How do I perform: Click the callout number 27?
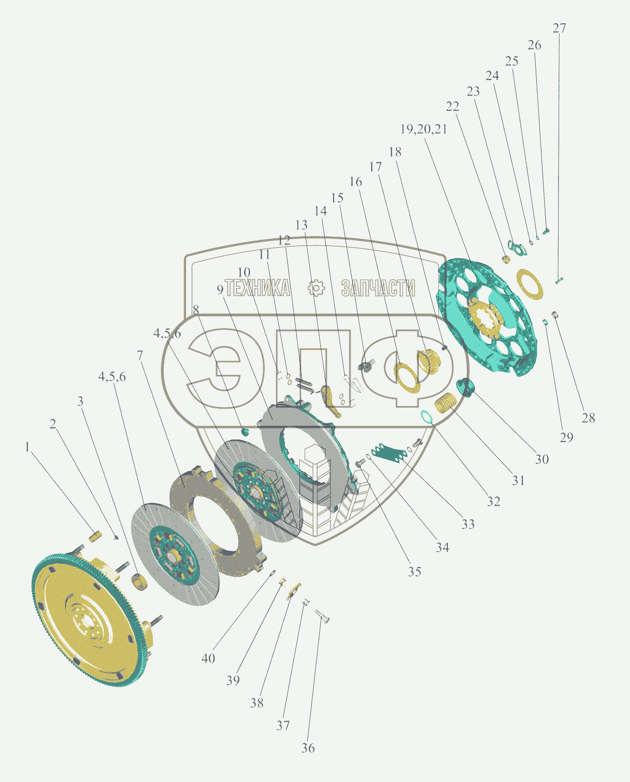[559, 29]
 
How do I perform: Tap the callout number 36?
[308, 748]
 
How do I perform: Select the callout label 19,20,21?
[423, 129]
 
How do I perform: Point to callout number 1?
[27, 447]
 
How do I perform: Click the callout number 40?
[208, 658]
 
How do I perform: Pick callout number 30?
[541, 459]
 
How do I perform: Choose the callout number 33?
[468, 524]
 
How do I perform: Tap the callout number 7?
[140, 355]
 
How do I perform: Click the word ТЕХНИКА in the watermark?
[257, 288]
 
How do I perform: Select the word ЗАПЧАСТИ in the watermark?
[378, 288]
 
